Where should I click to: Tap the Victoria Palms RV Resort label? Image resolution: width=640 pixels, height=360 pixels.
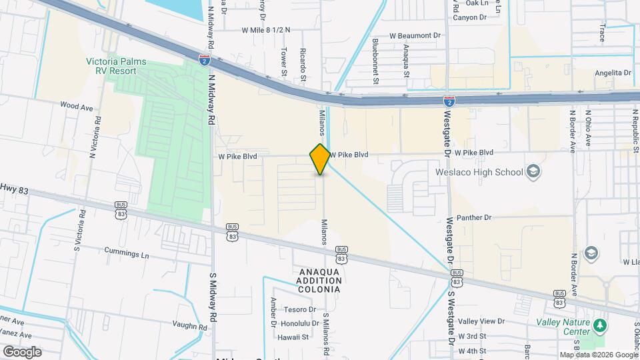tap(116, 66)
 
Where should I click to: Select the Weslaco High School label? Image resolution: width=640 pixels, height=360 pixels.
tap(479, 172)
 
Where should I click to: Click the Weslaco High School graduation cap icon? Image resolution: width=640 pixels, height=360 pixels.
tap(533, 172)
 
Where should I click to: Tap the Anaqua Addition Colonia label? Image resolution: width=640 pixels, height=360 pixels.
tap(319, 281)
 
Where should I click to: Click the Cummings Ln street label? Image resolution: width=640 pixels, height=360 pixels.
tap(127, 253)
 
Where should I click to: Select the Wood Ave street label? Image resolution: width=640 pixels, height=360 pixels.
tap(76, 106)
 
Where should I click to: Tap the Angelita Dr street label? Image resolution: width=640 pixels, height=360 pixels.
tap(613, 73)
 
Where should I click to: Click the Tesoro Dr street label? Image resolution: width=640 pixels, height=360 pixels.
tap(299, 309)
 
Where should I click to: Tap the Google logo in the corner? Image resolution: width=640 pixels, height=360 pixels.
tap(22, 351)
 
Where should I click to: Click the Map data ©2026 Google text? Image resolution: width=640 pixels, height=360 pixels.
tap(598, 355)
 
